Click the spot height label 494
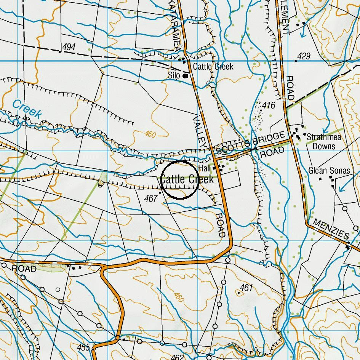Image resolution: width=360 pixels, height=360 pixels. point(69,47)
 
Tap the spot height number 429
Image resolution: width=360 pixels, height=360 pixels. point(304,56)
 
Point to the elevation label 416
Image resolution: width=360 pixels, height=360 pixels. point(269,105)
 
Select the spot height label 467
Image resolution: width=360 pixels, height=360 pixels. point(151,198)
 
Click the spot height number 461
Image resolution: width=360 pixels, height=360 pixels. point(246,288)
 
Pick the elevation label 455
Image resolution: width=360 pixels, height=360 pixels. point(83,347)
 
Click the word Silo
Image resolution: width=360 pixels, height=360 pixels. point(174,76)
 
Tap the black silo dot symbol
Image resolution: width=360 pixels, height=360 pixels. point(186,76)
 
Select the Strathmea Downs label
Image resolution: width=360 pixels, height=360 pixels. point(324,141)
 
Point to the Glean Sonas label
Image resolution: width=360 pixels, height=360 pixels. point(329,171)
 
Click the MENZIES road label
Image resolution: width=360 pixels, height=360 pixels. point(331,229)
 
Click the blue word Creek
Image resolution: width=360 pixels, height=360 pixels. point(26,109)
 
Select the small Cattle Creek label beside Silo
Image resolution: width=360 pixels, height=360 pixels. point(213,67)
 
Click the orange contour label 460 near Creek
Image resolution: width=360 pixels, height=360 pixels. point(150,134)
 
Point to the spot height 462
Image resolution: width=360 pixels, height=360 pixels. point(177,357)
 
